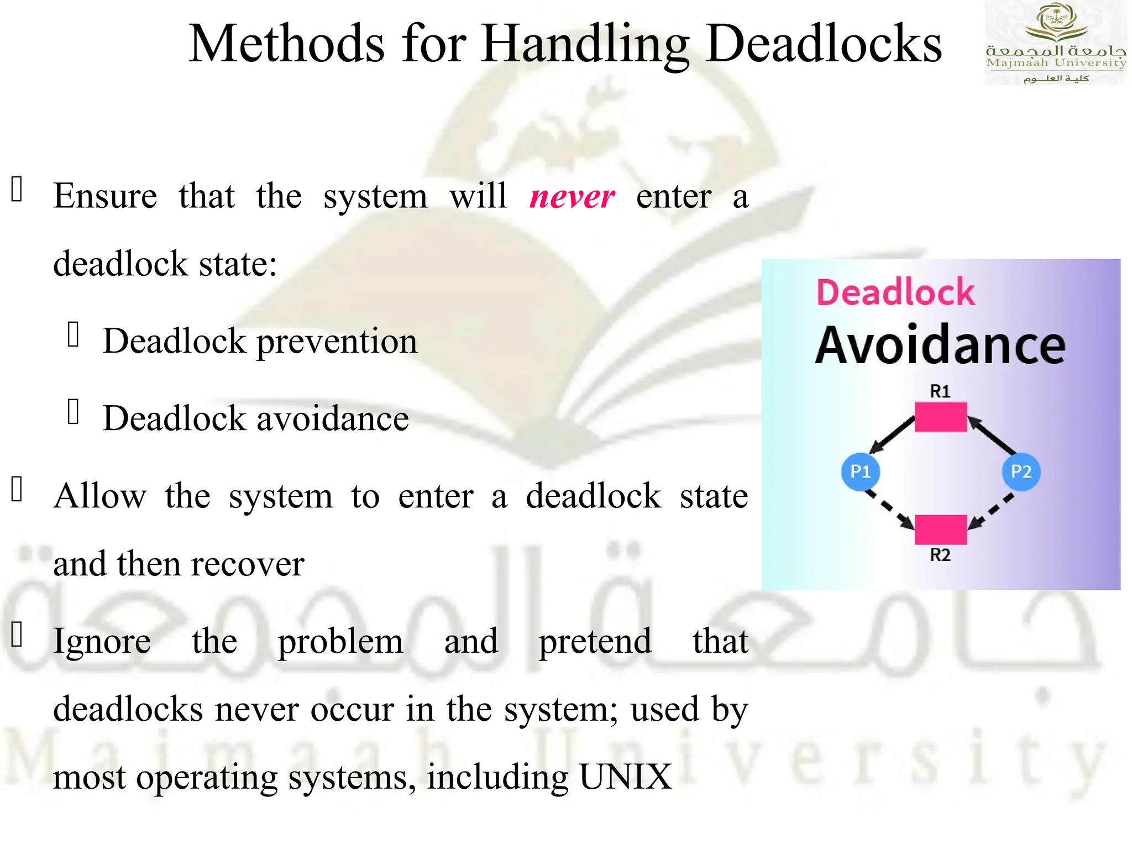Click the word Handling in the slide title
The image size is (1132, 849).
[585, 44]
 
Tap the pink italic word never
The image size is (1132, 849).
[572, 197]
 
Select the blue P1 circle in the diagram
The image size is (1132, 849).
[860, 471]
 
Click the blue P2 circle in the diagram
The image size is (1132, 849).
[1021, 471]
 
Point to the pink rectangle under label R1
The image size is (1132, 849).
[940, 417]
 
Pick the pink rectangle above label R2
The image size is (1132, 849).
[940, 529]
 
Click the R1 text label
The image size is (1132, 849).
[940, 391]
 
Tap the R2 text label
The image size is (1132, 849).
[940, 554]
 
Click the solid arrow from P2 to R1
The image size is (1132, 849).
[992, 435]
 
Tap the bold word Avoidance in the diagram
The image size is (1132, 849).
[940, 345]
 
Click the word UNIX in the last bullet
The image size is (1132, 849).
[625, 777]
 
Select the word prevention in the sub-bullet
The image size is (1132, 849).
[337, 341]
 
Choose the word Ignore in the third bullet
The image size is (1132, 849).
[102, 642]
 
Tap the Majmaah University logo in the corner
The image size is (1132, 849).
[1056, 43]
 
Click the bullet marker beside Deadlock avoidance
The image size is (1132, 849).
[74, 412]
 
